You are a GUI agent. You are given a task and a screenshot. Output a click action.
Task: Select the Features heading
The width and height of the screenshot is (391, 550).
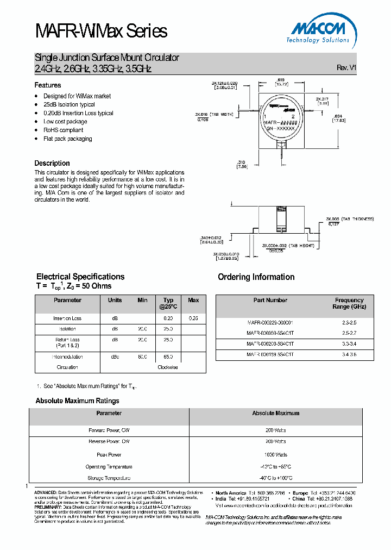[x=48, y=85]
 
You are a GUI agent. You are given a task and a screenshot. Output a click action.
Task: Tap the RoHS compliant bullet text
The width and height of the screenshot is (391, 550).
[x=63, y=130]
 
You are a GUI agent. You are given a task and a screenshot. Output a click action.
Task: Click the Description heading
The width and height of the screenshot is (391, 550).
[x=52, y=163]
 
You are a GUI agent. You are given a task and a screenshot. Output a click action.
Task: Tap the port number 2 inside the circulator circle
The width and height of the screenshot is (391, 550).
[x=293, y=116]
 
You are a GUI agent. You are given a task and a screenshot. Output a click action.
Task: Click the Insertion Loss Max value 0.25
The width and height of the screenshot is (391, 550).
[x=193, y=318]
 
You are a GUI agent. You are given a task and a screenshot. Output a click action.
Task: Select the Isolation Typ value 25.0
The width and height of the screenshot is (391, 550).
[x=168, y=329]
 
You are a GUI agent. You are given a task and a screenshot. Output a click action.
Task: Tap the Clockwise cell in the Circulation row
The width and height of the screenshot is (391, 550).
[x=168, y=367]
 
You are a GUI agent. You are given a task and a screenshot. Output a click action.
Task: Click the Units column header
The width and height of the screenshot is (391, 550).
[x=115, y=300]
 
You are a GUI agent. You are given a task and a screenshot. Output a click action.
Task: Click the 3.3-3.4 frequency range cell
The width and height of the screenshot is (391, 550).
[x=349, y=343]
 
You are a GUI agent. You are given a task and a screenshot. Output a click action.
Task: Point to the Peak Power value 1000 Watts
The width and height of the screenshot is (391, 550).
[x=276, y=454]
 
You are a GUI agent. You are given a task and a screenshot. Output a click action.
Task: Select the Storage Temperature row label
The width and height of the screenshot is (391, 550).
[x=109, y=478]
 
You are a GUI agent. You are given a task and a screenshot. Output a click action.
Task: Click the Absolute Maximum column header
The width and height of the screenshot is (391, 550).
[x=276, y=413]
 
